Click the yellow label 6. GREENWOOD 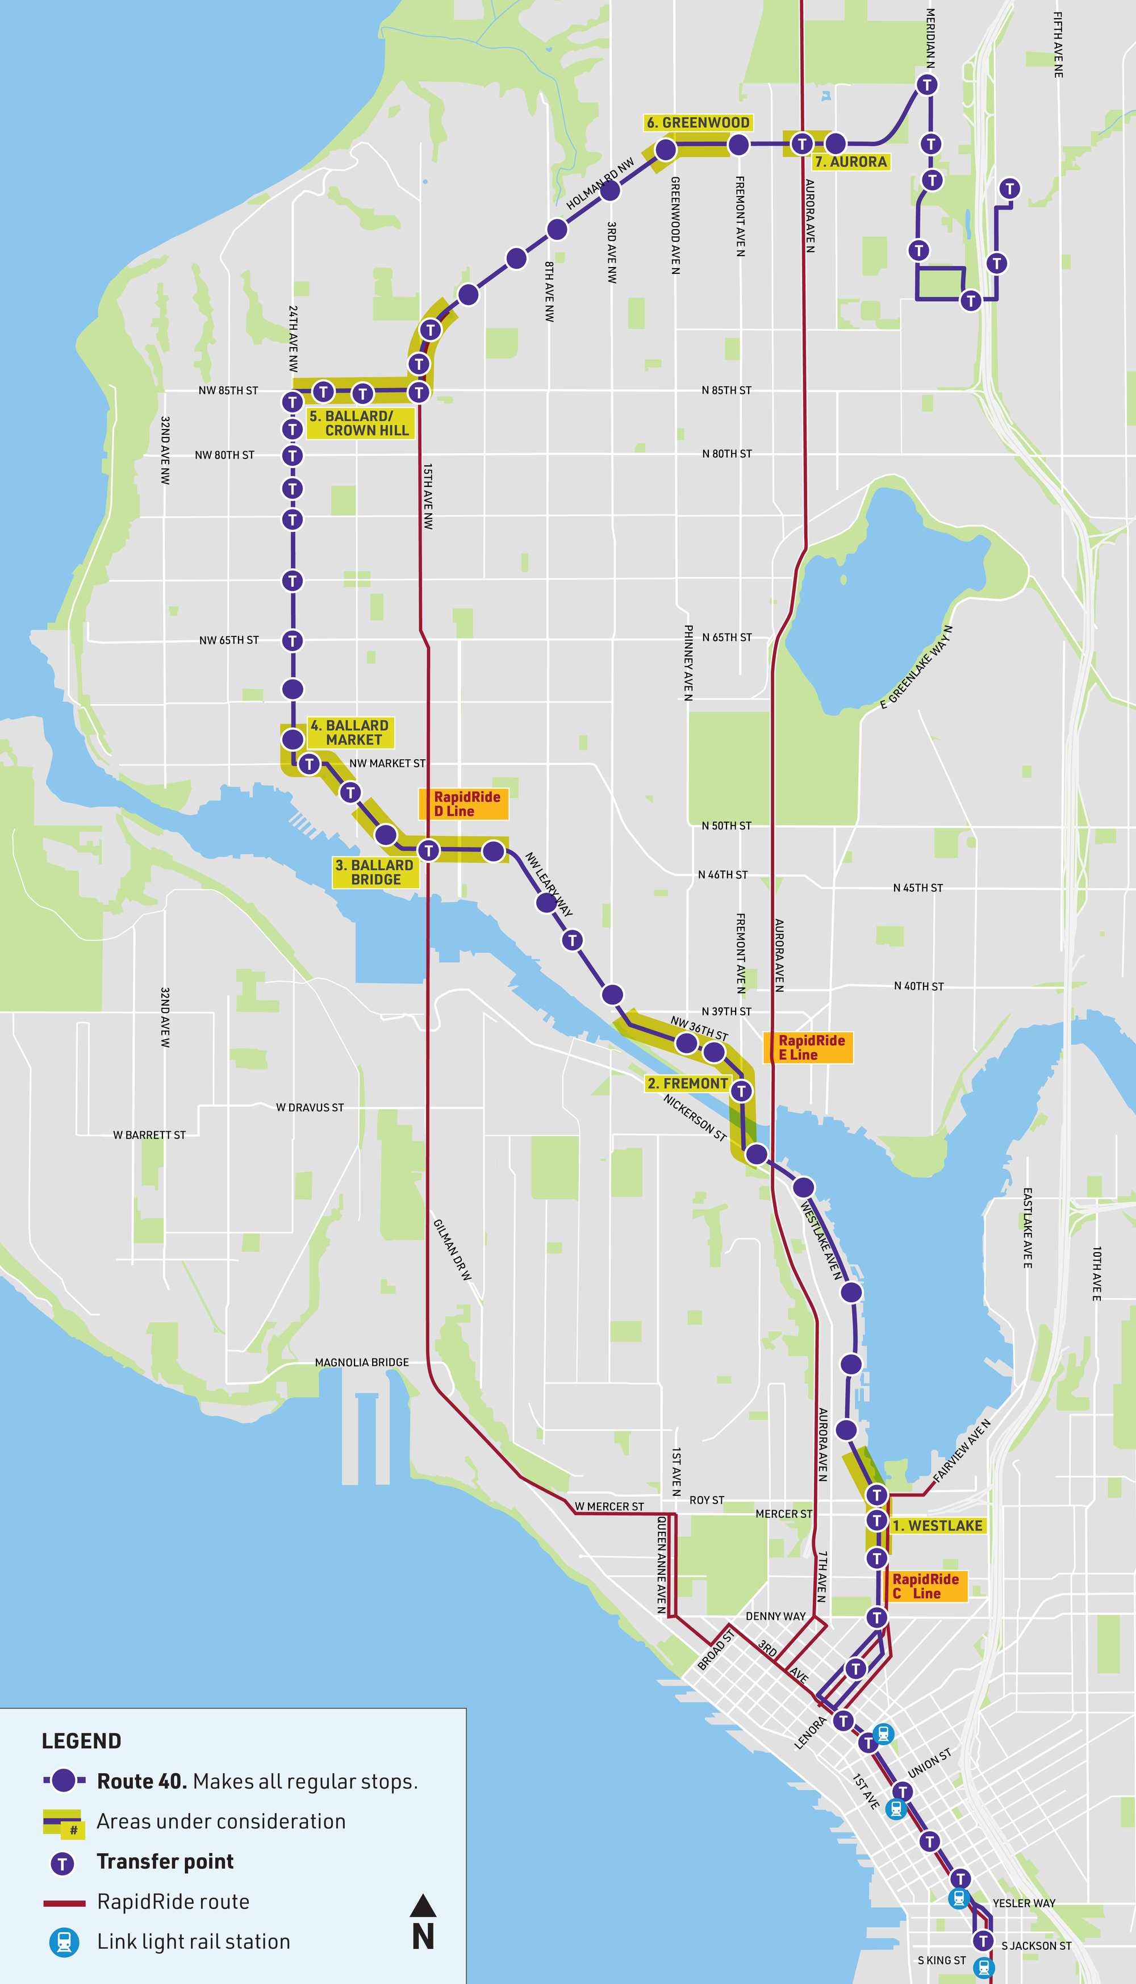(698, 123)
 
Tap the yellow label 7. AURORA (850, 161)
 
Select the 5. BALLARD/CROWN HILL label (360, 423)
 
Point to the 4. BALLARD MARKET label (349, 732)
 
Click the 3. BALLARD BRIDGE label (374, 872)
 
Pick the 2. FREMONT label (687, 1083)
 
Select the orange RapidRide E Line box (809, 1047)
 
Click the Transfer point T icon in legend (62, 1863)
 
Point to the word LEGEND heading (81, 1741)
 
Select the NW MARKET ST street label (387, 763)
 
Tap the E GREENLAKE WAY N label (916, 667)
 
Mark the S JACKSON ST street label (1035, 1945)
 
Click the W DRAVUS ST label (310, 1107)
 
